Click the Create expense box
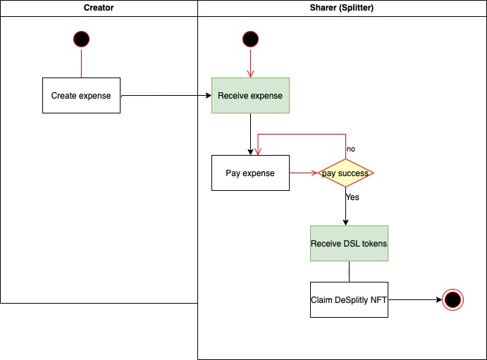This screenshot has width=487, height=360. point(81,95)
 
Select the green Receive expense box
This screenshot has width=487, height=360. point(250,95)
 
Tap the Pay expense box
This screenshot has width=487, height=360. point(250,173)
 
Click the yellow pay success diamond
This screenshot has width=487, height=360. point(345,173)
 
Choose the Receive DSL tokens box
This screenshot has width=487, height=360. point(349,244)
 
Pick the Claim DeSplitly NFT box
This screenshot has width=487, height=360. point(349,299)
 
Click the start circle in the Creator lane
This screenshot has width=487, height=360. point(82,39)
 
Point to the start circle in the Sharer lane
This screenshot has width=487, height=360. point(250,39)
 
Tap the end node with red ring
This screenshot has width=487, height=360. point(452,300)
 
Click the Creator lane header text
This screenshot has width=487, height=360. point(99,7)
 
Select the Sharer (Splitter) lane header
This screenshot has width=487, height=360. point(342,7)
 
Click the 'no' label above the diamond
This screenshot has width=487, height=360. point(351,149)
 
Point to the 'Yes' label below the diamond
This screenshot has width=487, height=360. point(352,197)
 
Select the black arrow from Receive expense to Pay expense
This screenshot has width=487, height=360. point(250,134)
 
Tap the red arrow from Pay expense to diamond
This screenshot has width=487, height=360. point(303,173)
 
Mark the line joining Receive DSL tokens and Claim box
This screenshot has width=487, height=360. point(349,271)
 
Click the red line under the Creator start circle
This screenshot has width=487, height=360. point(82,63)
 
